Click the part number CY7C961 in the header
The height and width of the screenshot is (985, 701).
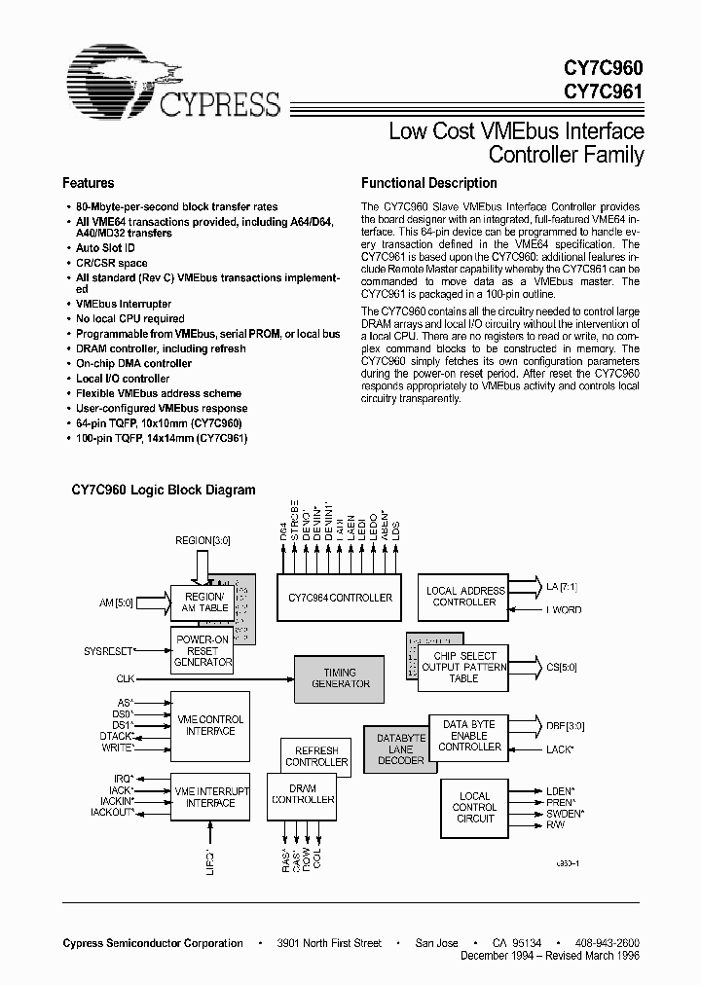point(603,93)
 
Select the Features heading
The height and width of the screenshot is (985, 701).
point(89,183)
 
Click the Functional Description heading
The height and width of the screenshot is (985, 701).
point(429,183)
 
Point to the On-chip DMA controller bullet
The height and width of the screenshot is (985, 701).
point(134,363)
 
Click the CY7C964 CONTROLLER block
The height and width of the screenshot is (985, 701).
point(335,598)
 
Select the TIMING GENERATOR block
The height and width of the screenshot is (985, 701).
point(340,677)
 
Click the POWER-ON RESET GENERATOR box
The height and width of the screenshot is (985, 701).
point(203,650)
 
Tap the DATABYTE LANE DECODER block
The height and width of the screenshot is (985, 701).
point(401,749)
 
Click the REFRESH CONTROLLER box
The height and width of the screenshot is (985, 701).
point(316,756)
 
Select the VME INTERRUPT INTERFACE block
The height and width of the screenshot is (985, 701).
point(210,796)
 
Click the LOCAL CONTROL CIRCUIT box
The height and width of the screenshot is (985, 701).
point(475,807)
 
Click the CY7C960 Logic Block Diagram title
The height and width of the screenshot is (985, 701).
point(164,491)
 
